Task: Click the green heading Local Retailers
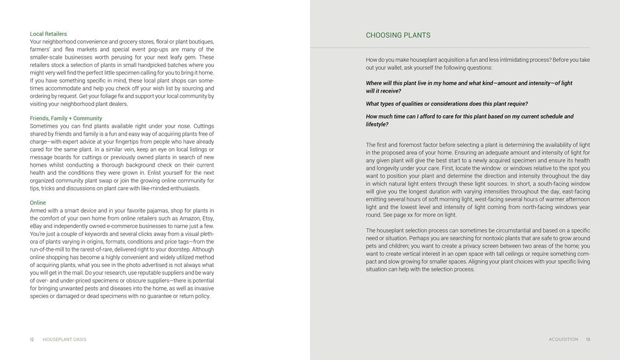48,33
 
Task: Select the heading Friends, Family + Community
66,118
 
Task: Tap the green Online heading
38,203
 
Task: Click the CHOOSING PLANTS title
398,35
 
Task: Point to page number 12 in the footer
32,340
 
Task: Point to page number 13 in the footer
588,340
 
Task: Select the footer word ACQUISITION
564,340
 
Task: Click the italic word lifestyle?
378,125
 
